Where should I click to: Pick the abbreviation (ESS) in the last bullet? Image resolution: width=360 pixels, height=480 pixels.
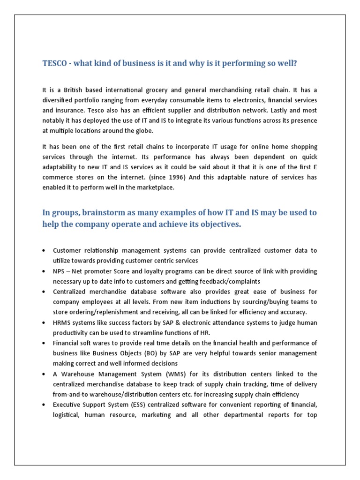pyautogui.click(x=141, y=405)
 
